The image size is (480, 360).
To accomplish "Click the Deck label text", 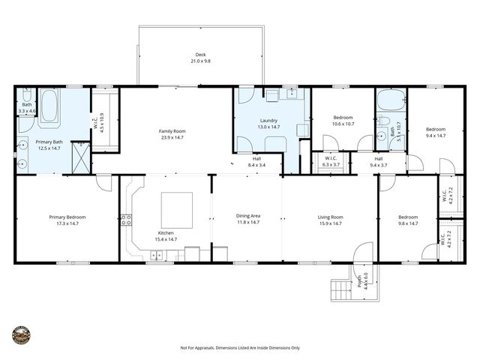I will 200,55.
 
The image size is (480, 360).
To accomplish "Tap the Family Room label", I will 172,131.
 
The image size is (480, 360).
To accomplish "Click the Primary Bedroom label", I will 67,217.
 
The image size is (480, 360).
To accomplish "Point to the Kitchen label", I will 166,232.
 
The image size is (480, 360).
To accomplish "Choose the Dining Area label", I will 247,217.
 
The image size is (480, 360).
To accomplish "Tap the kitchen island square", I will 176,210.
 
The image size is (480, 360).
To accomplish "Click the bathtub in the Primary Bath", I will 49,108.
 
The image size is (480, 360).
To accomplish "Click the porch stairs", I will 341,289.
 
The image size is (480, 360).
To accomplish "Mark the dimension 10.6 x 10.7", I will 343,124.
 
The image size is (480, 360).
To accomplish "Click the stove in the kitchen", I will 127,220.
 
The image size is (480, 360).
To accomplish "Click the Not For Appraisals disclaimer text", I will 239,348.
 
